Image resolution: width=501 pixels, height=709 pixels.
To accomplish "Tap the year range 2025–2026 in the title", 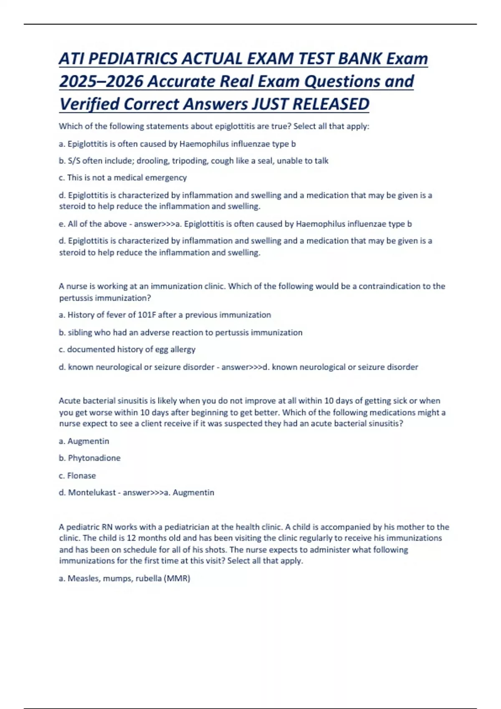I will (101, 81).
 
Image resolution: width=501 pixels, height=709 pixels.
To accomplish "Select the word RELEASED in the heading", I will (331, 104).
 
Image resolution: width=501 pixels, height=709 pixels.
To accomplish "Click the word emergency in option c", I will (166, 178).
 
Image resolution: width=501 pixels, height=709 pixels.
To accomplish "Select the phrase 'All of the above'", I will (97, 224).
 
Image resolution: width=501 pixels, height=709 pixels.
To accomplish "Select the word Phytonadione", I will (94, 458).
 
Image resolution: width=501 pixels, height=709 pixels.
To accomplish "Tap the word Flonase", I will (81, 475).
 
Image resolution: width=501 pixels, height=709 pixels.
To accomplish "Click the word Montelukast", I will (92, 493).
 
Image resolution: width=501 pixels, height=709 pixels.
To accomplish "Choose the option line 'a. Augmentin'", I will (84, 441).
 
